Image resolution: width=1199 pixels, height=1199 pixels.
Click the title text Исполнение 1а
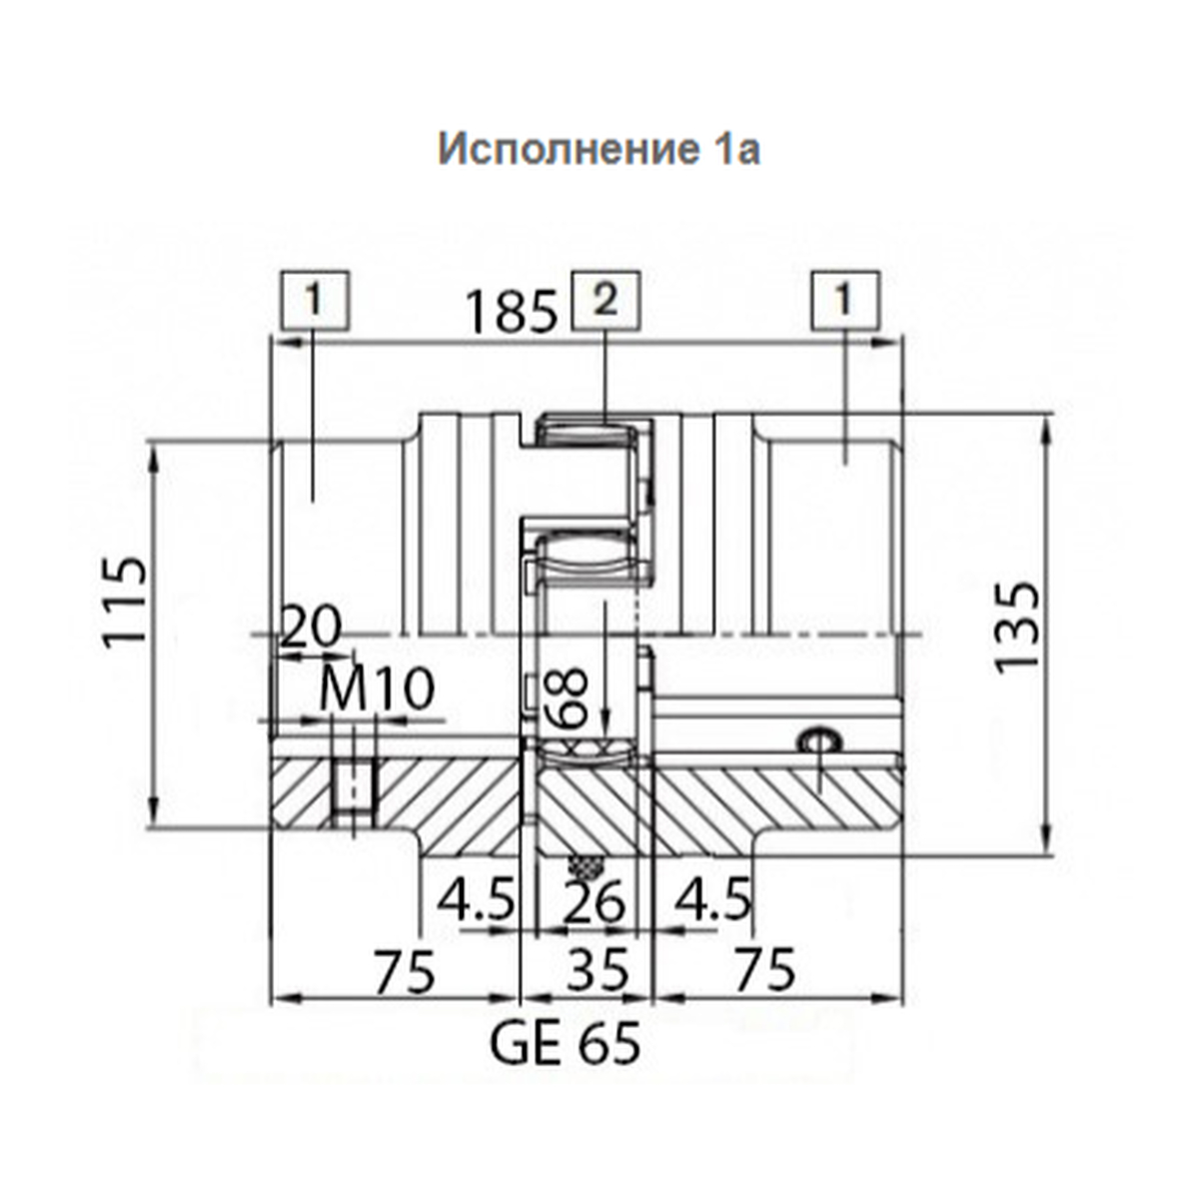coord(599,149)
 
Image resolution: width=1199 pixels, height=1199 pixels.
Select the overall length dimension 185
coord(512,313)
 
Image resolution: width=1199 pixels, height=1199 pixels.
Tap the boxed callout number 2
coord(605,301)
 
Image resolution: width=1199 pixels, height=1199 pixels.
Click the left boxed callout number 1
coord(315,301)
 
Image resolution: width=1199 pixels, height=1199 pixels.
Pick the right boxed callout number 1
coord(844,301)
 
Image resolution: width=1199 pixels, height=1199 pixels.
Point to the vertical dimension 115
coord(126,602)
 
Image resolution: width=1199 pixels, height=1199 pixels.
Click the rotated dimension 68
coord(567,697)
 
